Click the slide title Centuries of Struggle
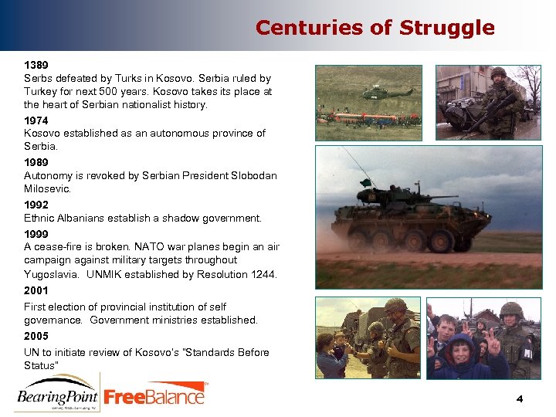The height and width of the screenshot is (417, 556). pyautogui.click(x=375, y=28)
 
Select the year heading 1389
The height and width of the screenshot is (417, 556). pyautogui.click(x=36, y=65)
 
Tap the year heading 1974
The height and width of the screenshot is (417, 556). pyautogui.click(x=36, y=120)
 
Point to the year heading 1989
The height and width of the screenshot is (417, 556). pyautogui.click(x=36, y=162)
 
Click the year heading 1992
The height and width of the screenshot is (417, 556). pyautogui.click(x=36, y=205)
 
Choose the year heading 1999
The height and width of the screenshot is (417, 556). pyautogui.click(x=36, y=233)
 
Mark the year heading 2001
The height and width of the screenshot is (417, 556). pyautogui.click(x=36, y=290)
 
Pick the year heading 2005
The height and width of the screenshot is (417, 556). pyautogui.click(x=36, y=336)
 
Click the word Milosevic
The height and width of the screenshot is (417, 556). pyautogui.click(x=47, y=189)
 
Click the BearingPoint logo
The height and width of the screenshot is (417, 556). pyautogui.click(x=57, y=394)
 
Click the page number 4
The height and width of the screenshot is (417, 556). pyautogui.click(x=520, y=399)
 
